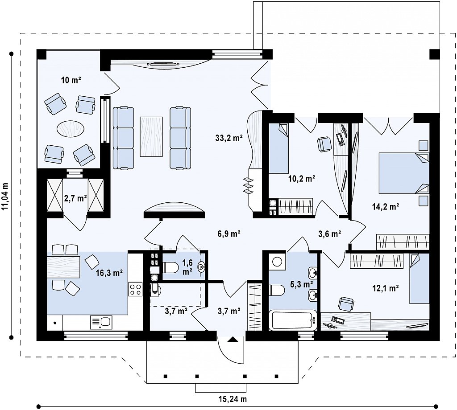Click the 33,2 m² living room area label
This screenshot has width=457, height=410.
tap(229, 138)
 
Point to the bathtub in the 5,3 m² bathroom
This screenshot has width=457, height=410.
tap(293, 320)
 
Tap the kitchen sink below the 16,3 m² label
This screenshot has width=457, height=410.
tap(101, 322)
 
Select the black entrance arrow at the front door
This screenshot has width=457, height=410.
tap(232, 339)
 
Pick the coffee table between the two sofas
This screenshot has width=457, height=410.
tap(151, 136)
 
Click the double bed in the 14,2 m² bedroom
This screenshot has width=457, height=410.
tap(404, 173)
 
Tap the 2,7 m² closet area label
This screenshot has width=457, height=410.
tap(75, 198)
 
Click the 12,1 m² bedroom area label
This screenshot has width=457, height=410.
tap(386, 288)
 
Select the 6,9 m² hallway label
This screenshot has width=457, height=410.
tap(229, 234)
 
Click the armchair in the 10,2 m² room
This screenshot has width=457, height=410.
tap(324, 144)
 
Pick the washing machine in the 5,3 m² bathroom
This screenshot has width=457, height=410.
tap(277, 261)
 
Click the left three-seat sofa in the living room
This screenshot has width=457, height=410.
tap(123, 138)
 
